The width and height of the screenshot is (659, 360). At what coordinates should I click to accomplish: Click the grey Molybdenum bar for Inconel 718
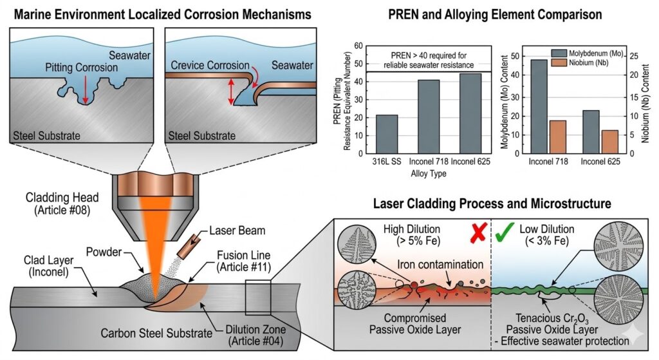539,105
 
